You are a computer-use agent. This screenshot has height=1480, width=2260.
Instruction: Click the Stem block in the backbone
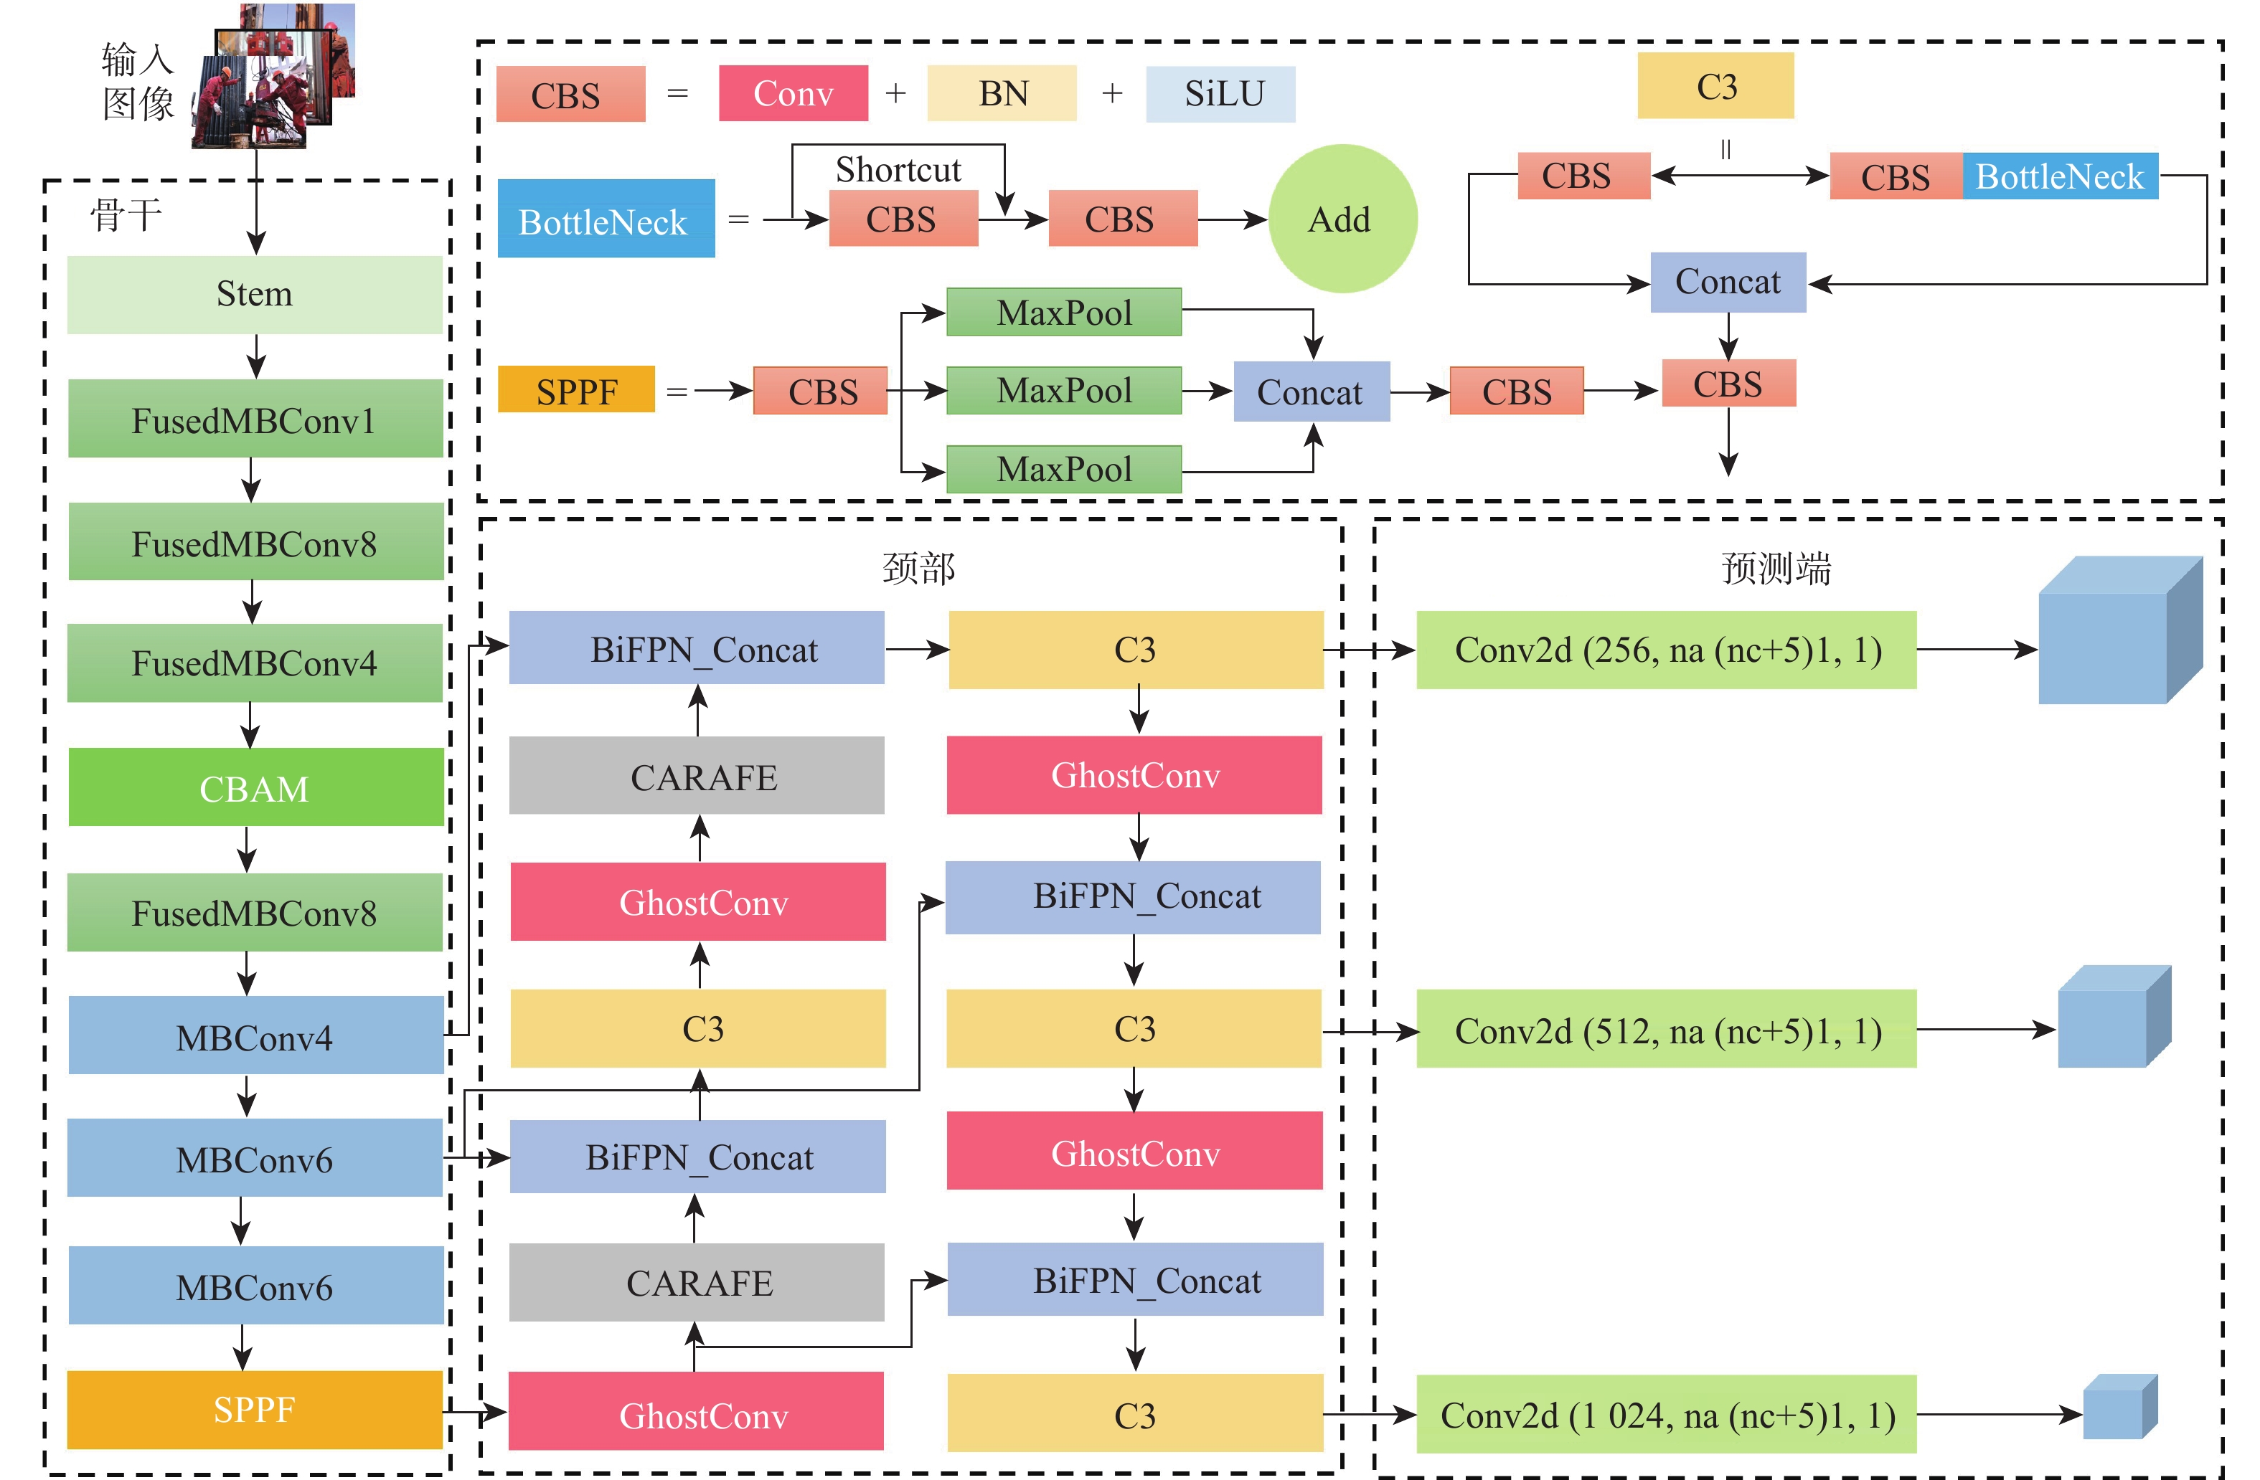point(255,294)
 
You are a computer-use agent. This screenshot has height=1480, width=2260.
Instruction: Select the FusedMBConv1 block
point(255,419)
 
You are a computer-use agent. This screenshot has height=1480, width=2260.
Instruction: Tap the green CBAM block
point(255,788)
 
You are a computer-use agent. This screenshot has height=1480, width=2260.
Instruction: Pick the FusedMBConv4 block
point(255,663)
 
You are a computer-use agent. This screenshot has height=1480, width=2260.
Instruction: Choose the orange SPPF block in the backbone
point(255,1410)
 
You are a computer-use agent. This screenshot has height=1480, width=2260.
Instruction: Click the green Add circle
point(1342,219)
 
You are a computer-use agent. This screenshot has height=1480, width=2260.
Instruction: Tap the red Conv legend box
point(793,93)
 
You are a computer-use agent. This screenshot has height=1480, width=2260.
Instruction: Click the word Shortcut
point(898,170)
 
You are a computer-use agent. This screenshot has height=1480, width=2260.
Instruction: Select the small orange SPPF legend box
point(576,390)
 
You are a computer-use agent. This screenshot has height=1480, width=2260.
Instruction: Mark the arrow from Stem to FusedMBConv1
point(255,357)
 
